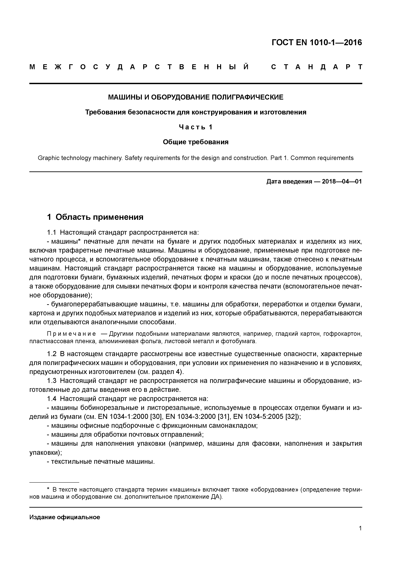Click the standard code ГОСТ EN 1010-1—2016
(317, 43)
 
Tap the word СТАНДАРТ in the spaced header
(317, 67)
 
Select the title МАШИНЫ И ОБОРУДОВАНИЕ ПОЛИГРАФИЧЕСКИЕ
(196, 97)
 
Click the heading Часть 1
(196, 127)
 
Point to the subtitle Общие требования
(196, 142)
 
